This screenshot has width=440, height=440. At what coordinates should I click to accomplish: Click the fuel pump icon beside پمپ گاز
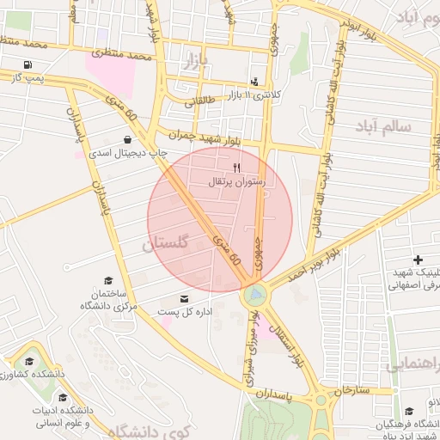[30, 65]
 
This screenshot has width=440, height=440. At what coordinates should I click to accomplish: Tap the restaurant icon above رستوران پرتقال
[237, 168]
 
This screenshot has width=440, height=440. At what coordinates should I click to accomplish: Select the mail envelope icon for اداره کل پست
[160, 298]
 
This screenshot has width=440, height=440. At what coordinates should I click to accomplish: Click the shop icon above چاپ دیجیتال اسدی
[128, 139]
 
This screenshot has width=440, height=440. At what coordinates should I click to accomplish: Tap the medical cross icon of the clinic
[418, 260]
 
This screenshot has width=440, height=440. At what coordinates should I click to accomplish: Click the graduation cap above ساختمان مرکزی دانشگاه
[108, 280]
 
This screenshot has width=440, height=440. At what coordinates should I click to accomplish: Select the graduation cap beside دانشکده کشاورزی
[29, 362]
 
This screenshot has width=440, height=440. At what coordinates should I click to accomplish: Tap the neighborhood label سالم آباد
[382, 126]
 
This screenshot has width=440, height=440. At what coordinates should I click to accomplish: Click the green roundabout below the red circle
[254, 296]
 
